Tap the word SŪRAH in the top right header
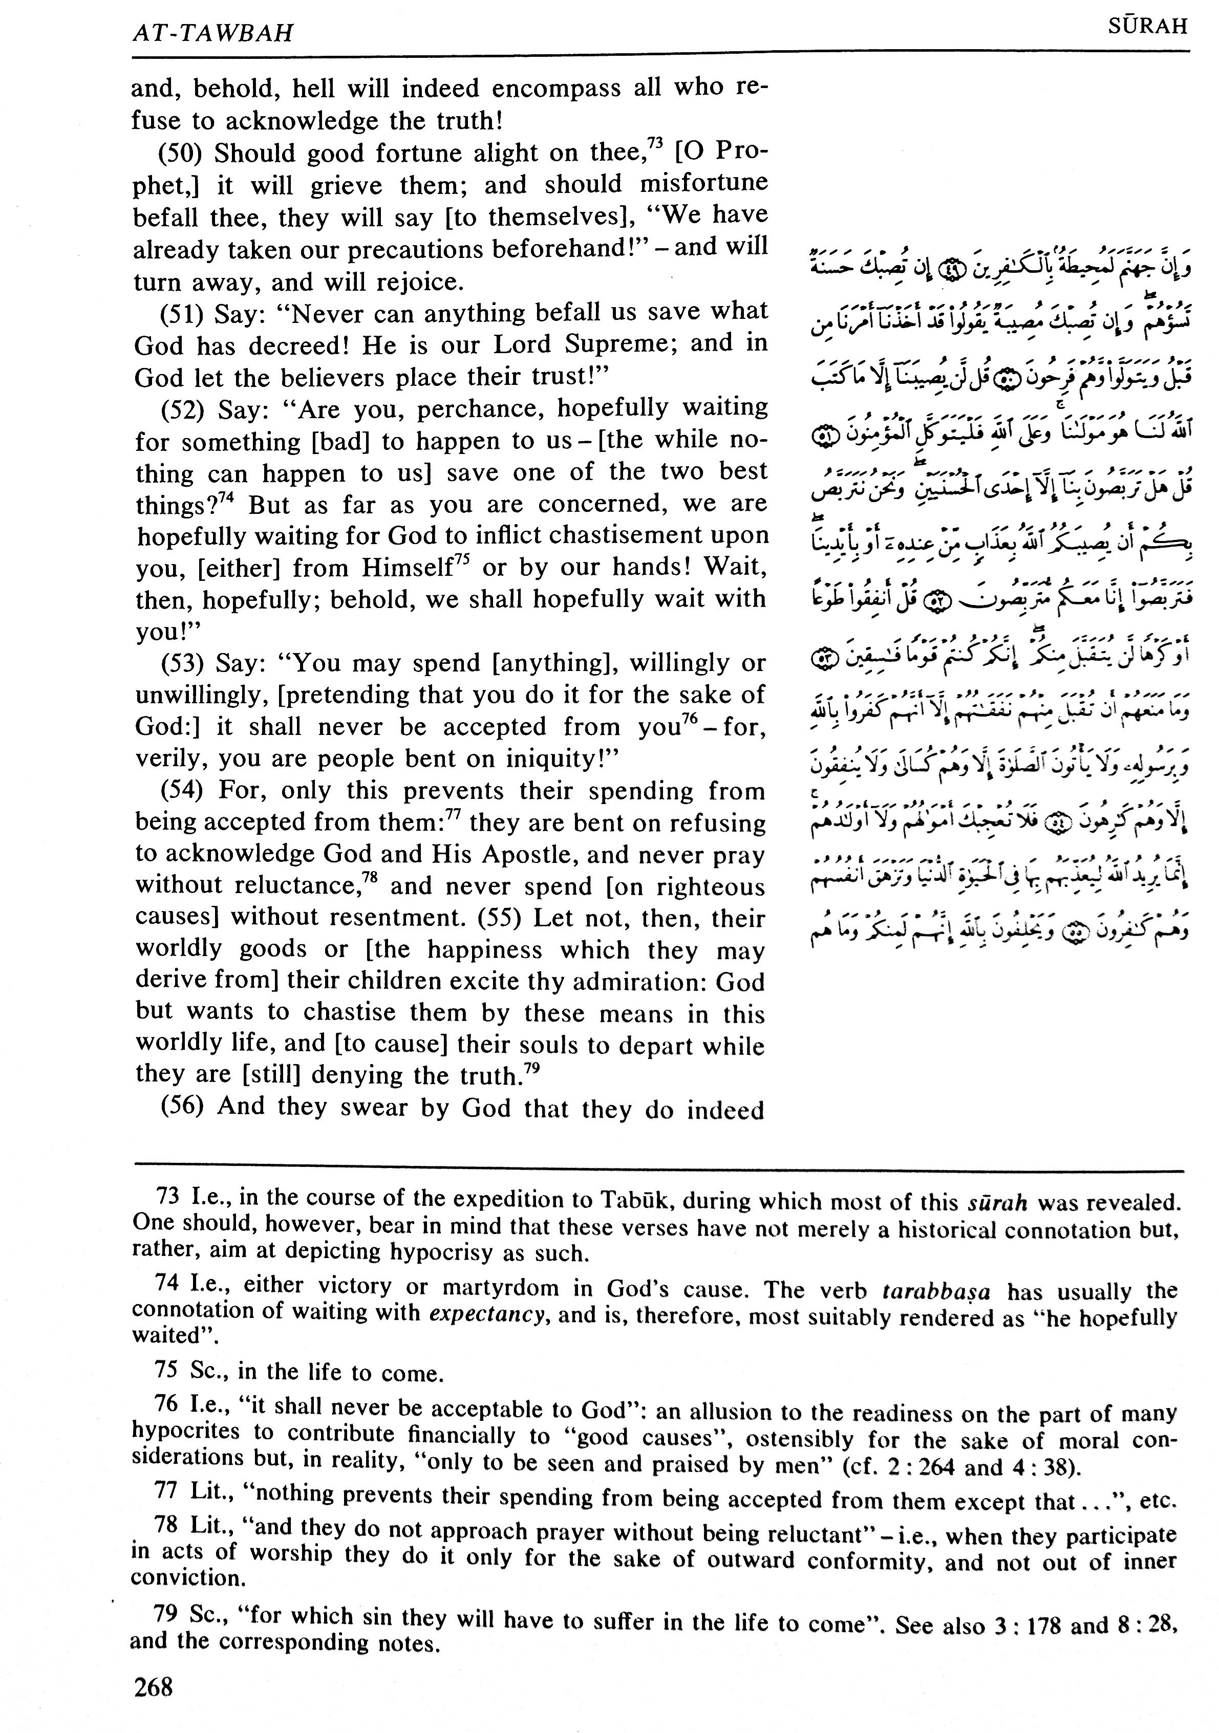[x=1147, y=27]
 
